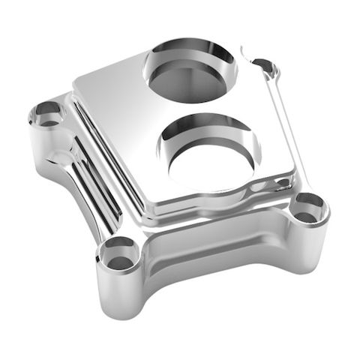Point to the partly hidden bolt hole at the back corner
click(x=264, y=67)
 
